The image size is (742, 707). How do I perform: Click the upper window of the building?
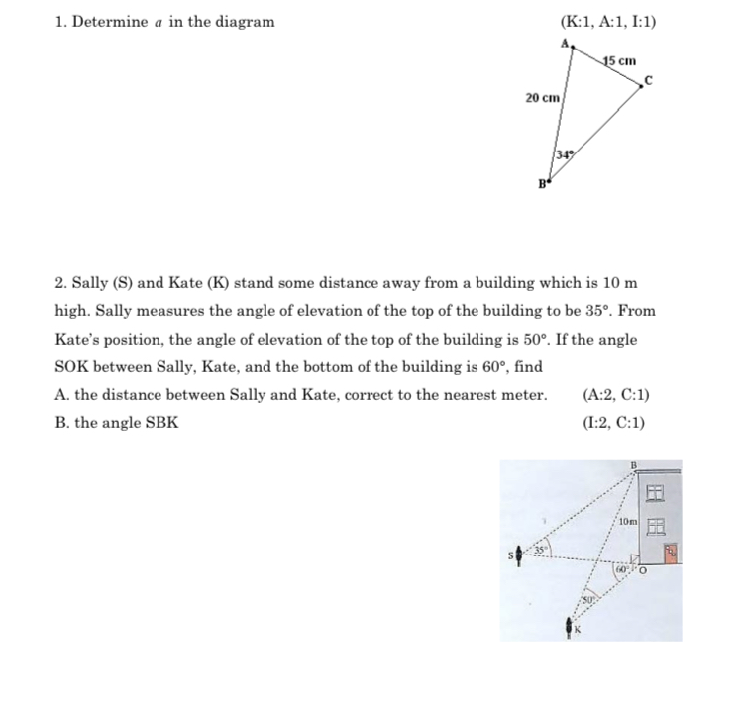(x=654, y=492)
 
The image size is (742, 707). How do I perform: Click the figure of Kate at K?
(x=570, y=626)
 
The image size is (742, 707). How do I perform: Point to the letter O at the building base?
(x=642, y=569)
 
